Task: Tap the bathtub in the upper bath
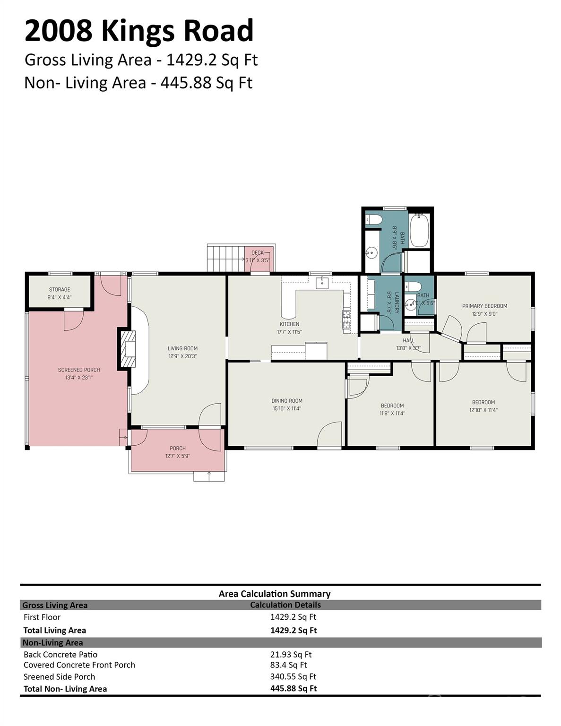(419, 231)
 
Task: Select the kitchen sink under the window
(324, 283)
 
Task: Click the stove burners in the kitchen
(346, 320)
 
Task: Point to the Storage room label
(60, 290)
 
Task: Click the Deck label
(258, 253)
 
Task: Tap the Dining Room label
(287, 401)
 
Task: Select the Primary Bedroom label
(484, 306)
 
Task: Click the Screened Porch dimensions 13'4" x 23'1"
(79, 378)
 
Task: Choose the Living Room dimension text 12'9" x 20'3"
(182, 356)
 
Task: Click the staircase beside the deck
(225, 259)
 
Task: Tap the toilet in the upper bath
(374, 220)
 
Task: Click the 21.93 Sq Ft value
(291, 655)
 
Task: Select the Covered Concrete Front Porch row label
(79, 665)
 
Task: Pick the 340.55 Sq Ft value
(293, 677)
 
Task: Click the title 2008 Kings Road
(139, 31)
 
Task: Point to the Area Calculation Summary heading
(275, 594)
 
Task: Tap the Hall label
(409, 340)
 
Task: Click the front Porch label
(178, 448)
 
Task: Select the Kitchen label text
(289, 324)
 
